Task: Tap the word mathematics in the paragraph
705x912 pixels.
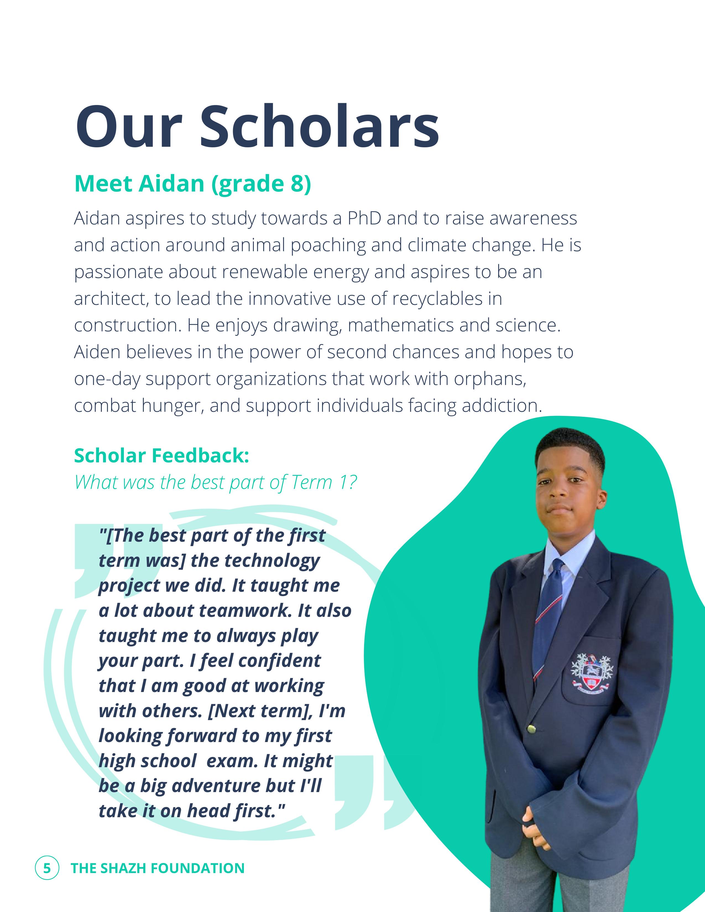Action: [401, 326]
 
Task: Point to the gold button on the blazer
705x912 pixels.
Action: [532, 729]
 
